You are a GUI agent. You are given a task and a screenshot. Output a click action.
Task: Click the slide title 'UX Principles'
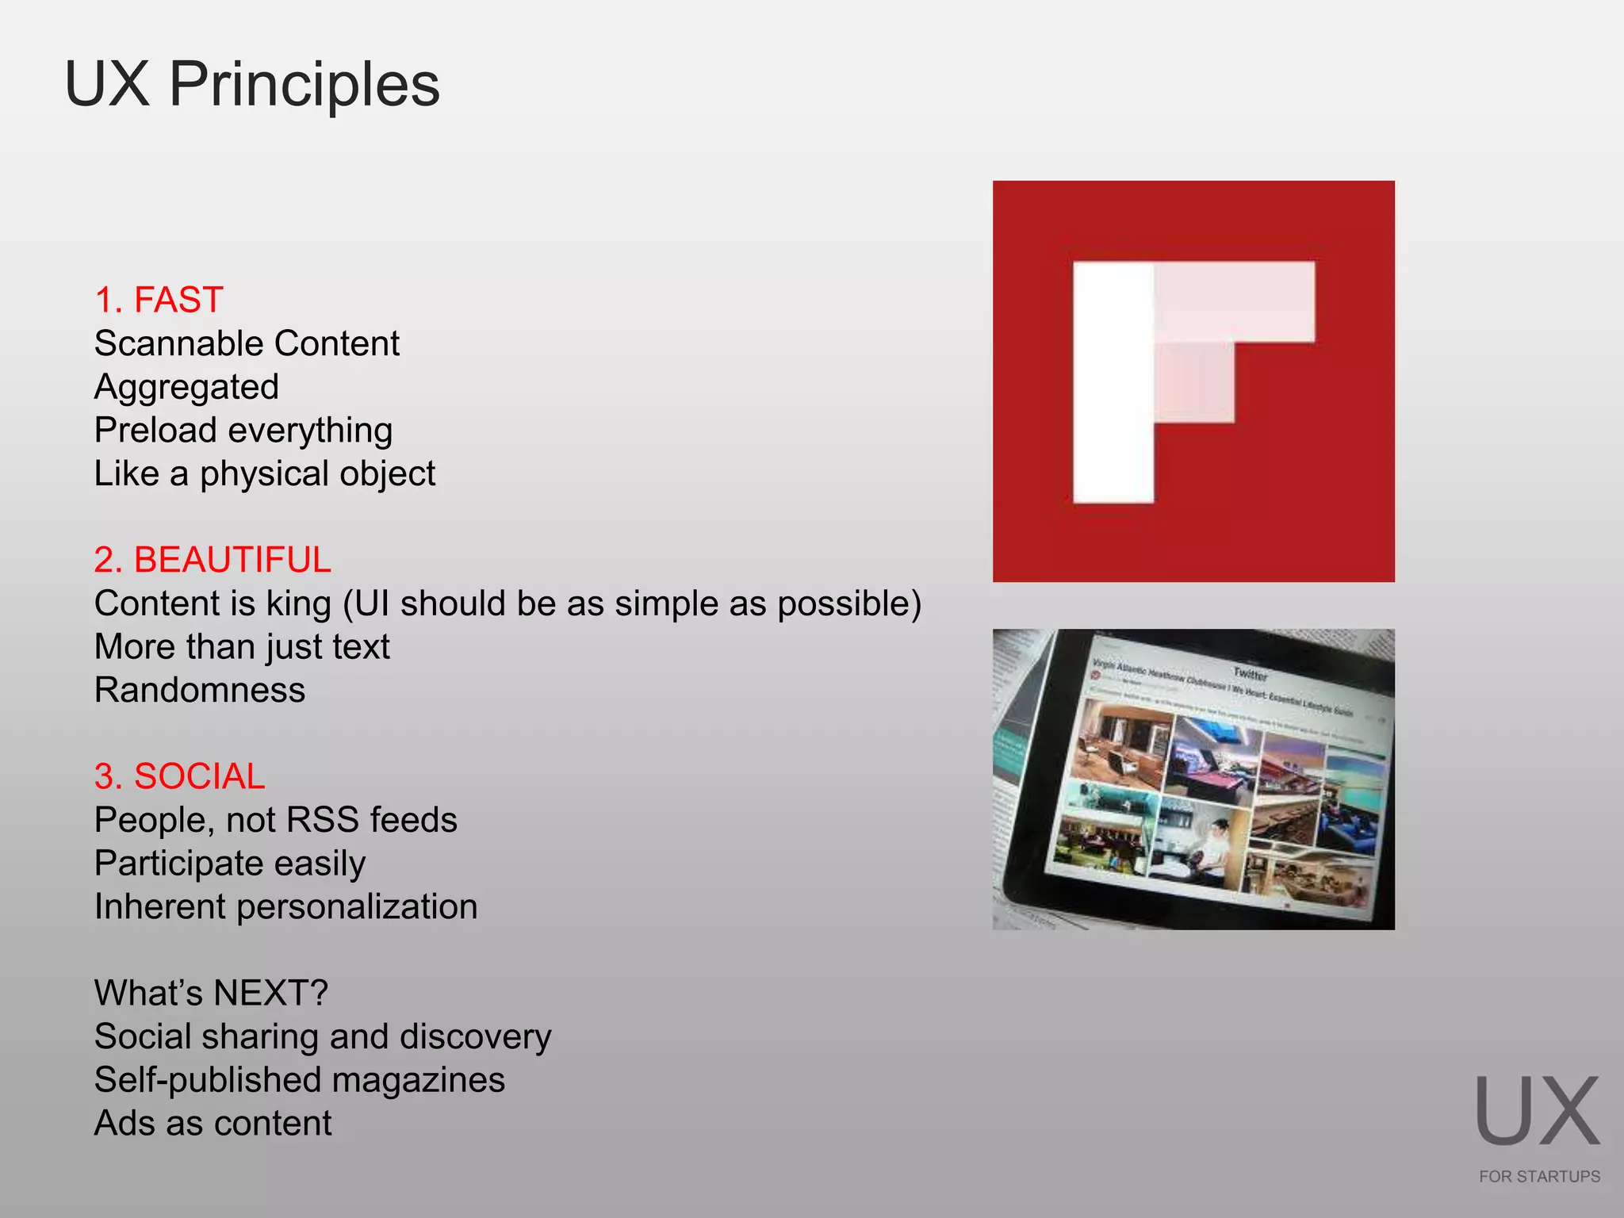coord(251,84)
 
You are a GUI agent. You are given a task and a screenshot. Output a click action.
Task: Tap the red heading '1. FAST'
coord(159,300)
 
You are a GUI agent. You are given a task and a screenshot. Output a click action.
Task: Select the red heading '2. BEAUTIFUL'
coord(212,560)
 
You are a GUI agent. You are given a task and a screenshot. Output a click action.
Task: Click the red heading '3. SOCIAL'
coord(179,776)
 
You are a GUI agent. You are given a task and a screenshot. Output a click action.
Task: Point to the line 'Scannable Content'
coord(247,343)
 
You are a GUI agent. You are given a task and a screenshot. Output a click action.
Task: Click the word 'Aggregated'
coord(186,387)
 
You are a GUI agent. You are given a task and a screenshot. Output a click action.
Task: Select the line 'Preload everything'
coord(243,431)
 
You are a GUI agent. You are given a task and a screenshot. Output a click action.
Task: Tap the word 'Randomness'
coord(200,690)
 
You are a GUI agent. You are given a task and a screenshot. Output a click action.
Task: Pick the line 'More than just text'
coord(242,647)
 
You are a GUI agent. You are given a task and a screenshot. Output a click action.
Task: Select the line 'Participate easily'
coord(230,864)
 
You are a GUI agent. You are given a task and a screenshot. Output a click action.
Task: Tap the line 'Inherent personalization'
coord(285,906)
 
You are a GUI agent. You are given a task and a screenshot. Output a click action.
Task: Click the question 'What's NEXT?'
coord(211,993)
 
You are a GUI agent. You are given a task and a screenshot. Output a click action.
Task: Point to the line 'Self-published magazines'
coord(300,1080)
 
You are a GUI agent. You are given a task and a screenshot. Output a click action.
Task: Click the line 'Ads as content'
coord(213,1124)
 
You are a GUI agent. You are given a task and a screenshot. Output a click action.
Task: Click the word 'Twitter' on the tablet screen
coord(1251,674)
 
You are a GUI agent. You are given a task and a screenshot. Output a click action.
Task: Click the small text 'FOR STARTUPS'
coord(1539,1177)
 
